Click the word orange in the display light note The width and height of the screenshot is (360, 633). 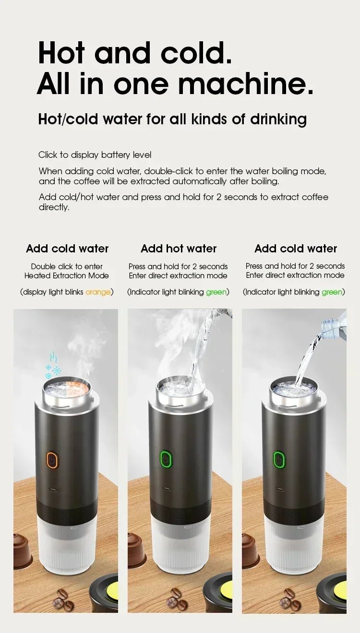click(98, 292)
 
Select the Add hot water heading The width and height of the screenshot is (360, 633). click(179, 249)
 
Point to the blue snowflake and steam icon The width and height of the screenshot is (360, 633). click(52, 366)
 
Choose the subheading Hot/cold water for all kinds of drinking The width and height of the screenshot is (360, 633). click(172, 119)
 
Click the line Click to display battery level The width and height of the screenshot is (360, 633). click(95, 155)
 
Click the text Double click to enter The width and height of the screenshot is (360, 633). click(67, 266)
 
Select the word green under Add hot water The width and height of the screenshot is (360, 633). click(216, 292)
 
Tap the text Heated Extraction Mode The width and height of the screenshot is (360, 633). click(67, 275)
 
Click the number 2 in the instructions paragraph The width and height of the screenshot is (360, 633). click(219, 197)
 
